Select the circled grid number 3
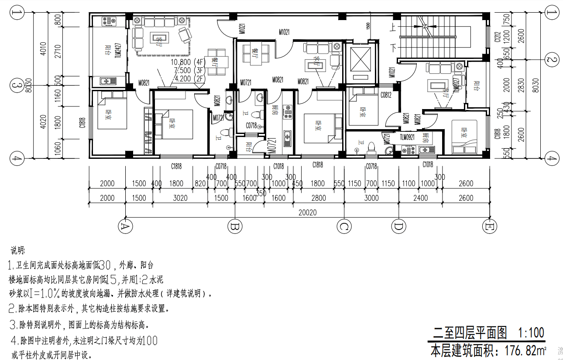[x=17, y=86]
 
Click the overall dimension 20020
[x=307, y=213]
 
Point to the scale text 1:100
[x=531, y=333]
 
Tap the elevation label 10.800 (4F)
[x=189, y=62]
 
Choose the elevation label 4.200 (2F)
[x=189, y=79]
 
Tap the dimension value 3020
[x=180, y=198]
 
